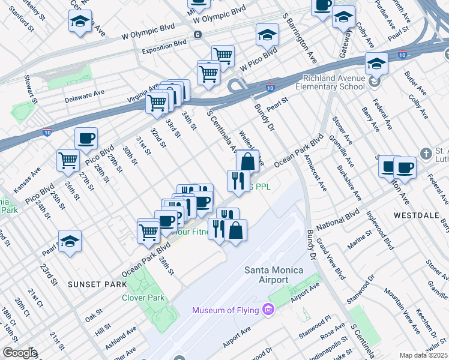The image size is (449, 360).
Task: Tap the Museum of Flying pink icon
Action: click(x=268, y=310)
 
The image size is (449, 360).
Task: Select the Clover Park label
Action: click(x=143, y=298)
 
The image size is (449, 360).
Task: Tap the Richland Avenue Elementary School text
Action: click(x=334, y=82)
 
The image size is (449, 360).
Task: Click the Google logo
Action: click(x=19, y=353)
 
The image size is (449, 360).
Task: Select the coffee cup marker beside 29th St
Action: click(x=86, y=139)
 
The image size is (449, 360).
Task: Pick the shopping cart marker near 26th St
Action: click(x=68, y=160)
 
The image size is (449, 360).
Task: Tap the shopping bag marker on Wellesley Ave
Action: click(x=247, y=161)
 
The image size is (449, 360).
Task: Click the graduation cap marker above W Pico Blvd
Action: click(x=268, y=35)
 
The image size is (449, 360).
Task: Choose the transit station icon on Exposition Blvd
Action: click(x=197, y=35)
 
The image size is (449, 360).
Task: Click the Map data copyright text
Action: click(x=424, y=355)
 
